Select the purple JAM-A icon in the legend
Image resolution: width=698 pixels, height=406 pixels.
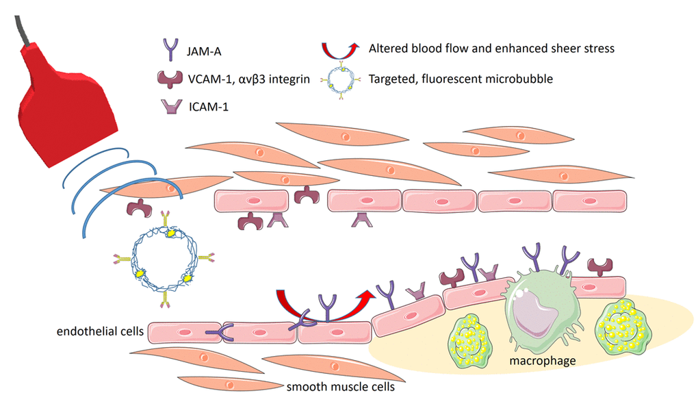(168, 49)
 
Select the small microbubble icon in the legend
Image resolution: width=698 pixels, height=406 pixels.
(336, 79)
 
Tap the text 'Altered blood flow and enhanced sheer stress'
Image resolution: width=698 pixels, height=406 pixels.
(491, 49)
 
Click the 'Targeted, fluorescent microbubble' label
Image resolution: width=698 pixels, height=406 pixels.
(460, 79)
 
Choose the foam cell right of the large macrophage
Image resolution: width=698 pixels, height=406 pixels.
(622, 328)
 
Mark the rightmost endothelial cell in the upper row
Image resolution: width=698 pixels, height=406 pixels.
(589, 201)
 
